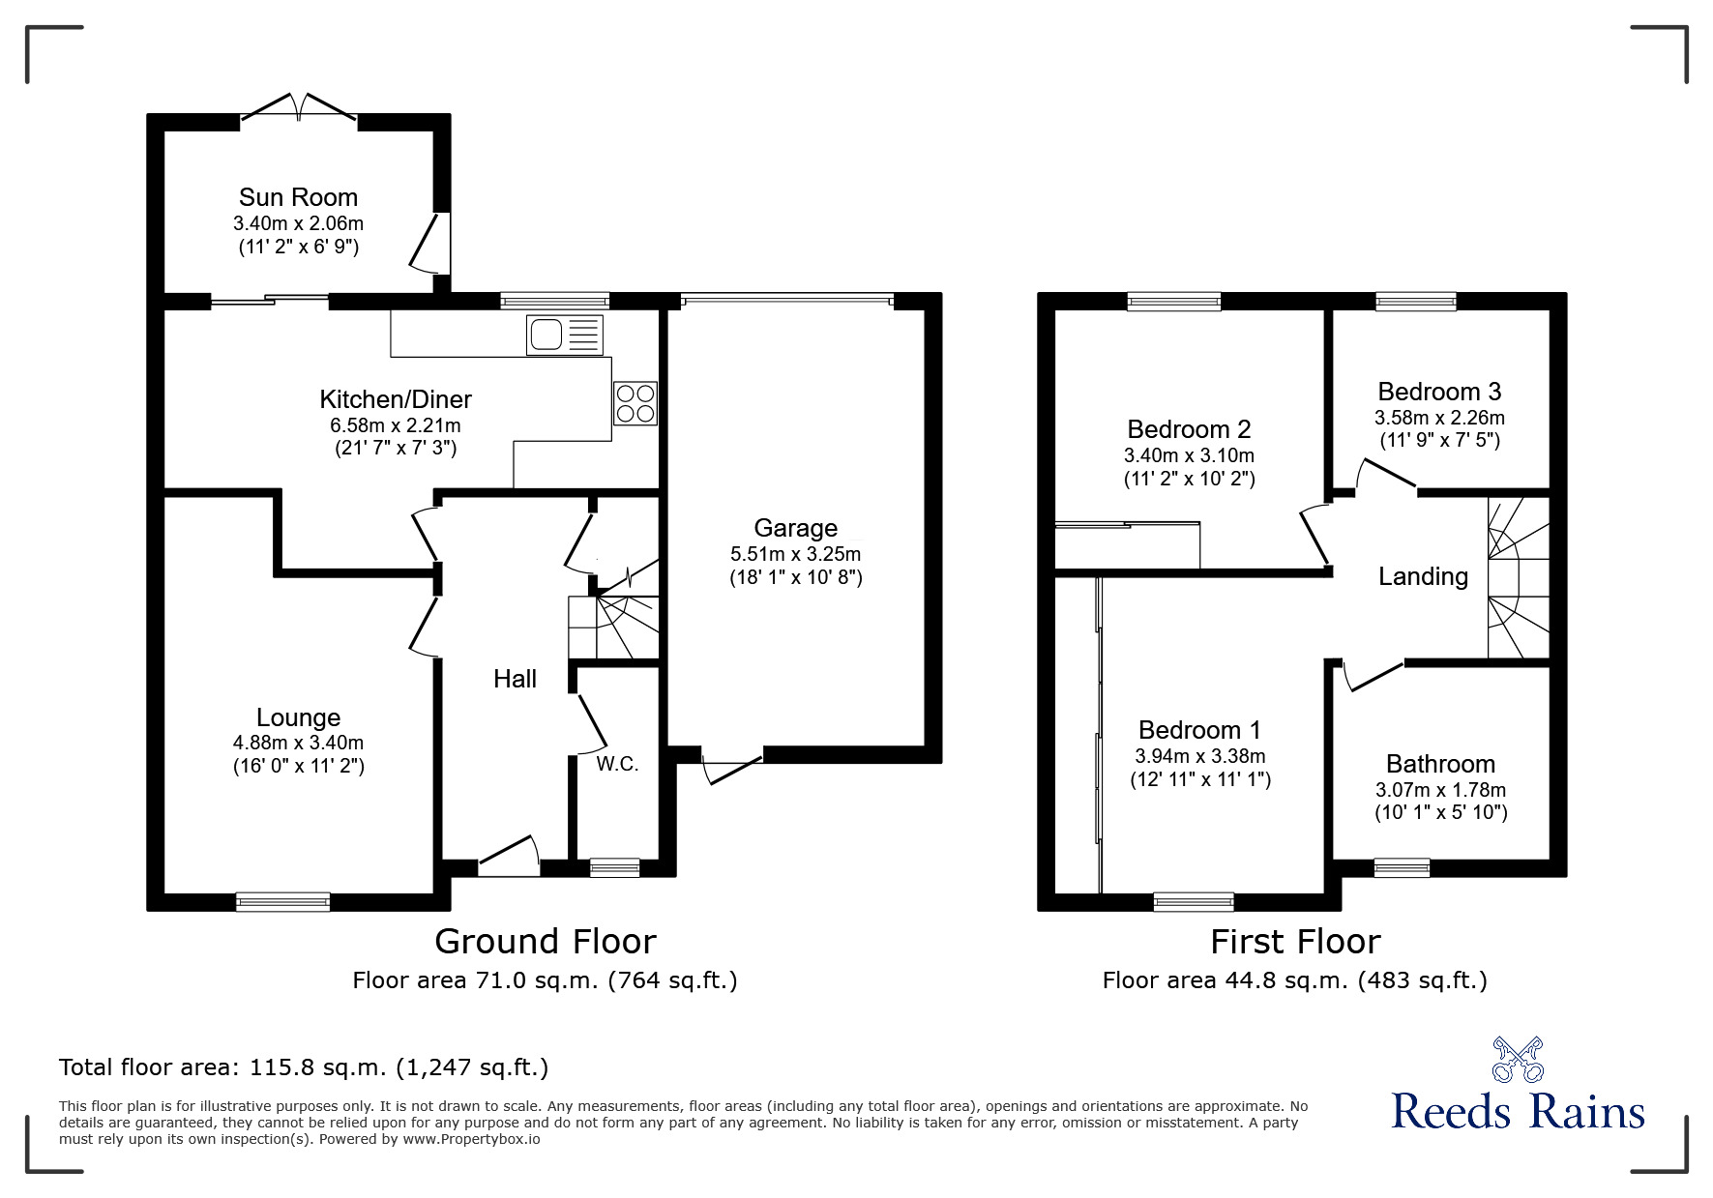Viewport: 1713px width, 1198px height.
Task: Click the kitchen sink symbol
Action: coord(564,335)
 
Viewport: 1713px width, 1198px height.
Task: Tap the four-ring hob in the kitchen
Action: coord(635,403)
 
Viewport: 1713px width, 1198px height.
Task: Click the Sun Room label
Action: coord(298,197)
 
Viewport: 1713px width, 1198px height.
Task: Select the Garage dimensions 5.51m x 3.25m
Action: coord(795,554)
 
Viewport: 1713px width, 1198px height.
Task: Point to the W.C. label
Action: coord(617,764)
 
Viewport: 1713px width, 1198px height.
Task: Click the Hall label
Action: coord(515,679)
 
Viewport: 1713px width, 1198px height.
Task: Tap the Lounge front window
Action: coord(283,901)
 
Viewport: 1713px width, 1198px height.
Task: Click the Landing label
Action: coord(1423,576)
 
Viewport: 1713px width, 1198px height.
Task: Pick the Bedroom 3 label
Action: coord(1439,392)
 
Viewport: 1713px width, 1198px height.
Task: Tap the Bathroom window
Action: coord(1402,867)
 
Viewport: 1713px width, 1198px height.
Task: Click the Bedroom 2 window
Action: coord(1174,302)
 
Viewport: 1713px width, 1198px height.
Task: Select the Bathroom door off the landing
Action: coord(1372,675)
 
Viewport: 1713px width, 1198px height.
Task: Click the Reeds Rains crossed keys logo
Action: coord(1518,1060)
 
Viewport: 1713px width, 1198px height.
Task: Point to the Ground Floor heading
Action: coord(545,941)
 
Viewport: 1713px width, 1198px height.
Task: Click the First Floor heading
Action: coord(1295,941)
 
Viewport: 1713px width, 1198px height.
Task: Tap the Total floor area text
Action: coord(304,1067)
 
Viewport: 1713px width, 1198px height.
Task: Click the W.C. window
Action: coord(614,867)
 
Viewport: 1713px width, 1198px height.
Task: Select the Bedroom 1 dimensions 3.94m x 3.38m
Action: coord(1199,756)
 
